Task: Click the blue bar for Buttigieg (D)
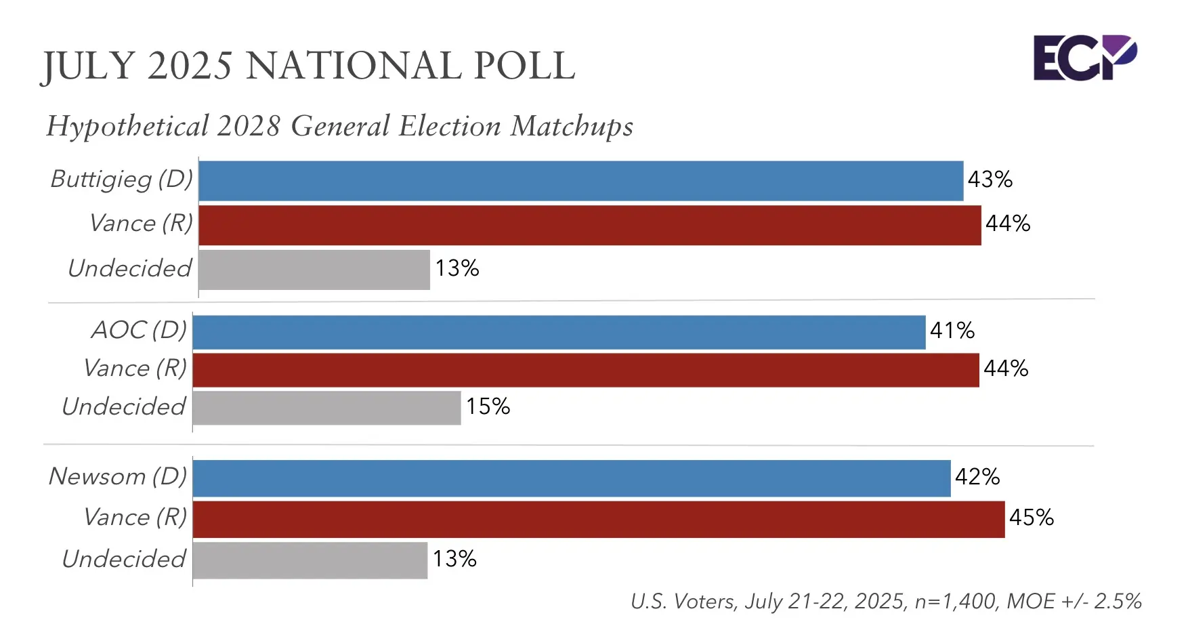580,181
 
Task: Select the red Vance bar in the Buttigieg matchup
589,225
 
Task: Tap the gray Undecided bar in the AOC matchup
326,408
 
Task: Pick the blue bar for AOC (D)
559,332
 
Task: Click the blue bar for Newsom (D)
572,478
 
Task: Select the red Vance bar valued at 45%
599,520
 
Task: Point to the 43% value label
990,180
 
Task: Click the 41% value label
952,331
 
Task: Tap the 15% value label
488,406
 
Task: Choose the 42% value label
977,477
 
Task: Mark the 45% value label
1031,518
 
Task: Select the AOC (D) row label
139,330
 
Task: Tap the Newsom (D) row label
118,476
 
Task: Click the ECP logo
1084,58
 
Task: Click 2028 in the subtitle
249,127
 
